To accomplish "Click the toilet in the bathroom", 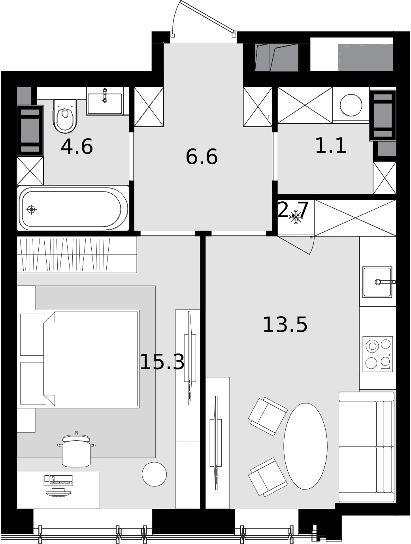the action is pyautogui.click(x=65, y=116).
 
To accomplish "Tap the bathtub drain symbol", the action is pyautogui.click(x=31, y=210).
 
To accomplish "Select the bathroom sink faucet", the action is pyautogui.click(x=105, y=95).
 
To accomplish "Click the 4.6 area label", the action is pyautogui.click(x=77, y=147).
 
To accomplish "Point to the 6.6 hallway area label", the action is pyautogui.click(x=202, y=157).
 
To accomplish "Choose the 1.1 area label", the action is pyautogui.click(x=330, y=146).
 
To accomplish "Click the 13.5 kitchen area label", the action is pyautogui.click(x=285, y=325).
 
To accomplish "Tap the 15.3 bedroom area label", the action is pyautogui.click(x=162, y=362).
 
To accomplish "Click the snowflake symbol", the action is pyautogui.click(x=296, y=217).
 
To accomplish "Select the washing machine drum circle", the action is pyautogui.click(x=351, y=105).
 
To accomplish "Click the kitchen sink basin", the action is pyautogui.click(x=377, y=282).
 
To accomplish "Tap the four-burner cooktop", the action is pyautogui.click(x=377, y=354).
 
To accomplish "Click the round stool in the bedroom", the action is pyautogui.click(x=154, y=474).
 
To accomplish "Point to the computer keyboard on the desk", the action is pyautogui.click(x=58, y=480).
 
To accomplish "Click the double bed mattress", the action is pyautogui.click(x=90, y=359).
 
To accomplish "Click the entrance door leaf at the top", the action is pyautogui.click(x=207, y=17).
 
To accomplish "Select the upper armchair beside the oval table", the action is pyautogui.click(x=268, y=416).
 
